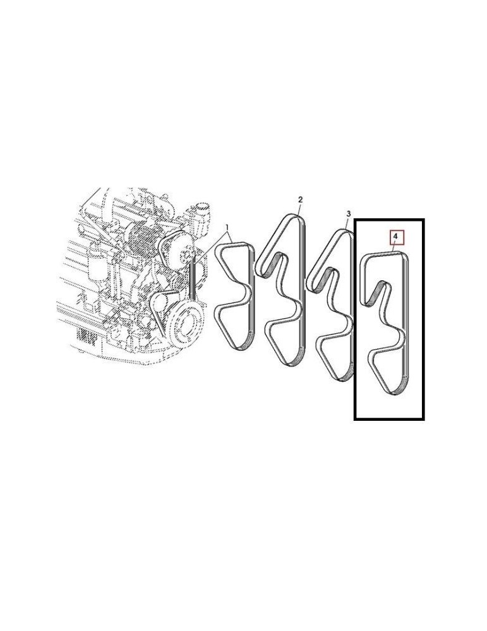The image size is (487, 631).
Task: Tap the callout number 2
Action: coord(301,199)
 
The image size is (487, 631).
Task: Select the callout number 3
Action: coord(348,215)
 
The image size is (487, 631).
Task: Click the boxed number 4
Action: coord(395,238)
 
